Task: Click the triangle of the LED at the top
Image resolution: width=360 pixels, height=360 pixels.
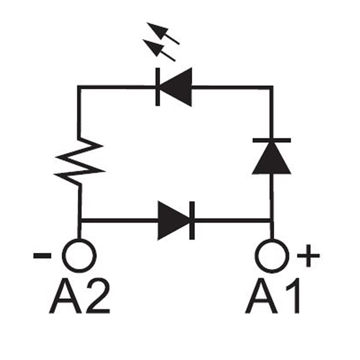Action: (178, 87)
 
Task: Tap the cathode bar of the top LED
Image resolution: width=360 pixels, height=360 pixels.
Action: (158, 87)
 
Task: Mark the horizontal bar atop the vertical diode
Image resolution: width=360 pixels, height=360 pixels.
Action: (271, 140)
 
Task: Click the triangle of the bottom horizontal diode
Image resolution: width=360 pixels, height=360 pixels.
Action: (171, 220)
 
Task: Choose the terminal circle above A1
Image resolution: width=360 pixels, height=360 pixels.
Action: (273, 256)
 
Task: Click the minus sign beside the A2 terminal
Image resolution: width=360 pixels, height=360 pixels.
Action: (42, 256)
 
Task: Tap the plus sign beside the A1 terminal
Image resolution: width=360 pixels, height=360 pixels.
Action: (308, 256)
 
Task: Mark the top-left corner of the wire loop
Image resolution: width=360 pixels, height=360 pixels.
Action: (79, 87)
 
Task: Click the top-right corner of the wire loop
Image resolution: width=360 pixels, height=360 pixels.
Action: (271, 87)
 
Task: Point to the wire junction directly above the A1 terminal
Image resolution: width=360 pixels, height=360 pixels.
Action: (271, 220)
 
